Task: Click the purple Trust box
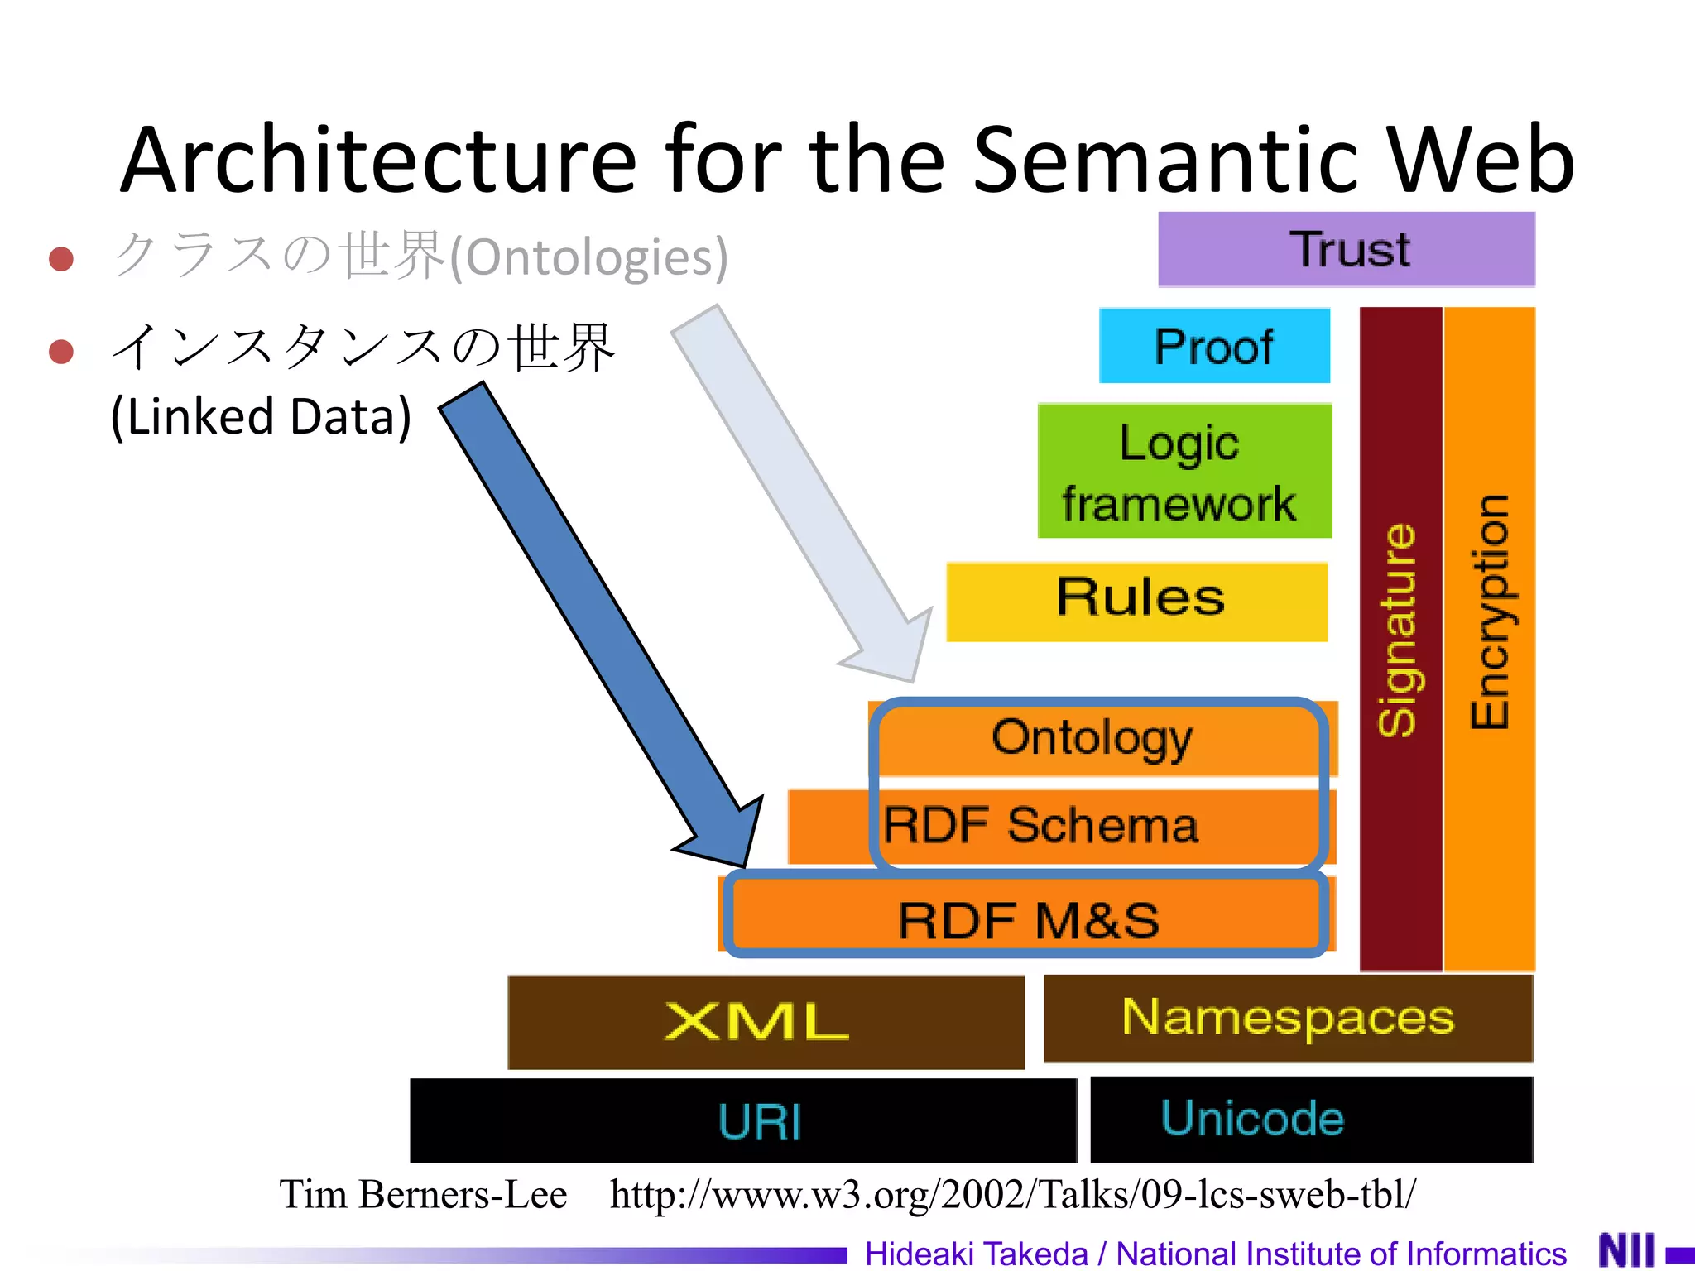point(1346,249)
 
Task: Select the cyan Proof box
point(1214,346)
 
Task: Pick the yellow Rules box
point(1137,601)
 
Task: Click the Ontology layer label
point(1092,737)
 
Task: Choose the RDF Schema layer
point(1041,826)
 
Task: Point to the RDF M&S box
point(1028,919)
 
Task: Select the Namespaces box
point(1288,1018)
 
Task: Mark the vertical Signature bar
point(1400,637)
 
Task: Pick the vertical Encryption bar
point(1489,637)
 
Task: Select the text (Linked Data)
point(261,416)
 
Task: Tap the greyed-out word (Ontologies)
point(588,257)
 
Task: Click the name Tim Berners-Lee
point(423,1194)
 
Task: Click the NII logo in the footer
point(1626,1250)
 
